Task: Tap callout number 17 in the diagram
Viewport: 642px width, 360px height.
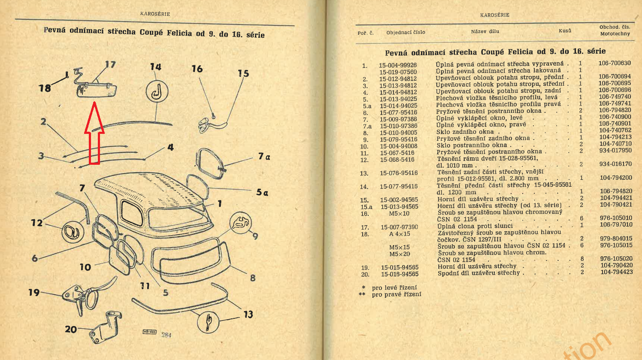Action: (x=110, y=65)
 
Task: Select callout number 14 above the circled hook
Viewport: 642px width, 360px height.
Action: (x=155, y=67)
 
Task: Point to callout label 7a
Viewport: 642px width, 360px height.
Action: (x=264, y=157)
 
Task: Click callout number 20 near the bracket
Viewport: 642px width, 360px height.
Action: (x=71, y=330)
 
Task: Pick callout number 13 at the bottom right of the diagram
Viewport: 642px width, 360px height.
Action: (x=248, y=315)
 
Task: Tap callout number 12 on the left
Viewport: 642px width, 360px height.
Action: (x=37, y=223)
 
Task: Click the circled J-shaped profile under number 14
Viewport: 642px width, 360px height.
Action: (x=157, y=91)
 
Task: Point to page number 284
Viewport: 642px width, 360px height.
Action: (x=166, y=335)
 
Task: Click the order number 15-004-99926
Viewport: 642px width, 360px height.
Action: (x=397, y=66)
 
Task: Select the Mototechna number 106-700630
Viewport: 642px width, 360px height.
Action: (x=615, y=63)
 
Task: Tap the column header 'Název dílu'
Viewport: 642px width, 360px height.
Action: (x=485, y=31)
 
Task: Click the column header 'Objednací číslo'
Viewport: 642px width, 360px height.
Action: (x=406, y=32)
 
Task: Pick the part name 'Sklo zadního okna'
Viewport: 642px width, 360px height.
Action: (x=465, y=132)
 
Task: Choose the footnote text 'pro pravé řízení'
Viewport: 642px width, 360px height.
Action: (x=397, y=294)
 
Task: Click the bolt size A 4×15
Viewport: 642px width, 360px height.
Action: (x=400, y=234)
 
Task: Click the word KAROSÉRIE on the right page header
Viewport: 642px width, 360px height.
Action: (x=495, y=15)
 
